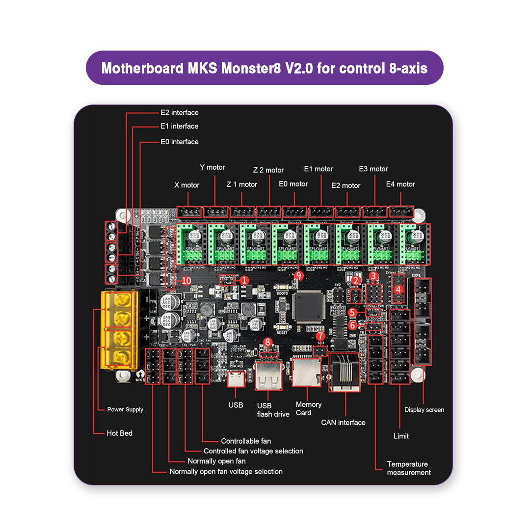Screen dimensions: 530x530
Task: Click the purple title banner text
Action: coord(264,68)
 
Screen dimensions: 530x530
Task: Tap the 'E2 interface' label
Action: coord(180,112)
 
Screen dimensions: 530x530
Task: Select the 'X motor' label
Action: coord(186,185)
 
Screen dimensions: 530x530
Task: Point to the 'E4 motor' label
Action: coord(400,184)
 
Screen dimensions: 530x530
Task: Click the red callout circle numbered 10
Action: coord(186,280)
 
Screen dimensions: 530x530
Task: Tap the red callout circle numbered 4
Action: coord(398,289)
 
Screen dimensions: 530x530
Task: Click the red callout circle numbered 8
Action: coord(267,342)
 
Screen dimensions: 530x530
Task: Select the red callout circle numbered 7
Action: coord(320,336)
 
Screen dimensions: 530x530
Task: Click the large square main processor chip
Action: coord(307,306)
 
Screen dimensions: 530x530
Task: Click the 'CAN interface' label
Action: coord(343,423)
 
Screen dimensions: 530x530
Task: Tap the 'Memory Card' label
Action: coord(308,408)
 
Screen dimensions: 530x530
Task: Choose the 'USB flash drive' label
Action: coord(273,410)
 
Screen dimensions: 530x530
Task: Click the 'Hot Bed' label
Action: coord(119,433)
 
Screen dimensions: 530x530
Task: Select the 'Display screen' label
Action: coord(424,410)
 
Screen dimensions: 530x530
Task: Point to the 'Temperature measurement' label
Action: coord(408,468)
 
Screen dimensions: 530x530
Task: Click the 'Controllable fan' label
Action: coord(246,441)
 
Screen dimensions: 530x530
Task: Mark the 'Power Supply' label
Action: coord(125,409)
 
